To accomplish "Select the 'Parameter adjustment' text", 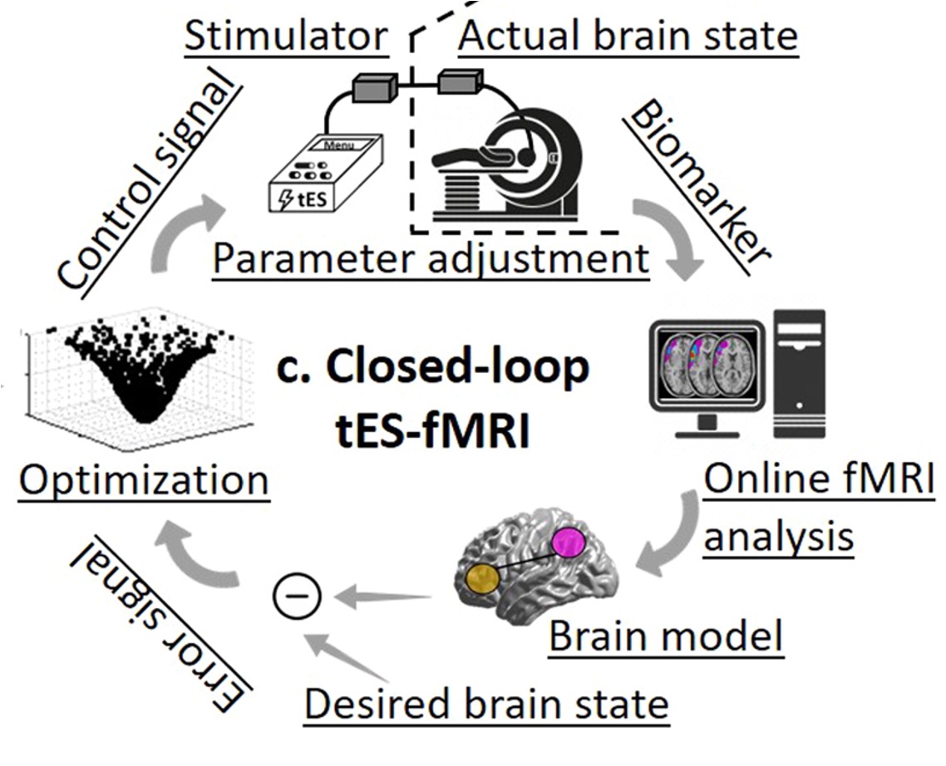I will (431, 258).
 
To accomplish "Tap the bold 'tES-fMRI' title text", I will (430, 431).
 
